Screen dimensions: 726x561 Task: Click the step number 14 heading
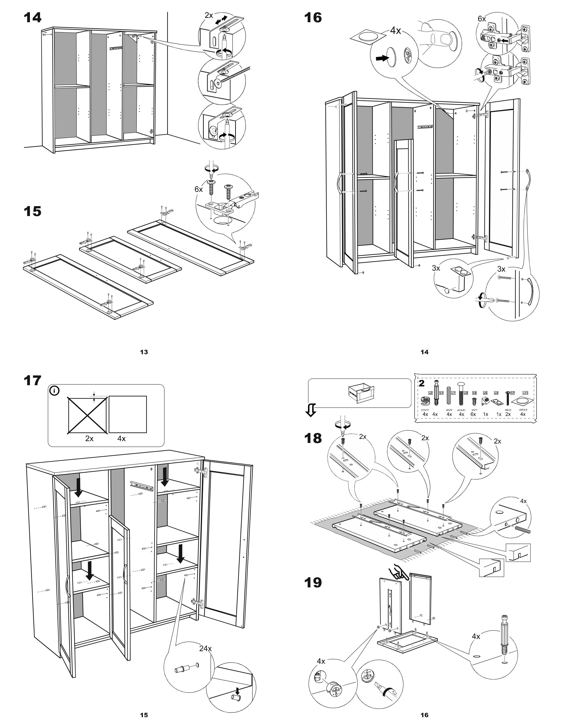coord(33,17)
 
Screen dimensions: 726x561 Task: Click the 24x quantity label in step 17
coord(205,648)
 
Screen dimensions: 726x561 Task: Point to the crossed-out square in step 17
coord(88,416)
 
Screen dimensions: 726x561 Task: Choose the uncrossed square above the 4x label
coord(128,414)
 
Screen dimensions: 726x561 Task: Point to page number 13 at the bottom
coord(144,352)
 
